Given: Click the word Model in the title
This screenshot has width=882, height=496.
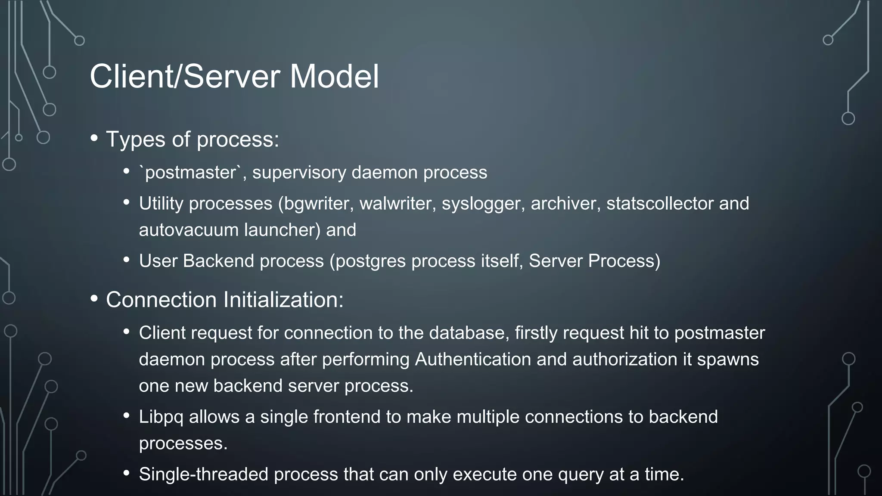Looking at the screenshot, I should (334, 77).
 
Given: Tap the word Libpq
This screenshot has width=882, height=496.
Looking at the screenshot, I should (161, 417).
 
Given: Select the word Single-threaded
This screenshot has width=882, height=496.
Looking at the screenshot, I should (204, 474).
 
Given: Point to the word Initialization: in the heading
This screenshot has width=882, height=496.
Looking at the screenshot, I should (283, 300).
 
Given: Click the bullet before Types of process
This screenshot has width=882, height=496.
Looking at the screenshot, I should (94, 139).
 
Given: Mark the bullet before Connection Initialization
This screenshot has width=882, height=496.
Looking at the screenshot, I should (94, 299).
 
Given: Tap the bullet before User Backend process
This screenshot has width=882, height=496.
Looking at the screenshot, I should (126, 260).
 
